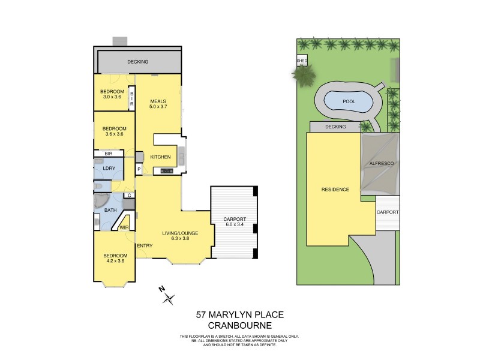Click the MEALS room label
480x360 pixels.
click(x=158, y=101)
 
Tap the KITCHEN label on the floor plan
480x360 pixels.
click(x=160, y=157)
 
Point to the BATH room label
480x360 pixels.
click(x=110, y=210)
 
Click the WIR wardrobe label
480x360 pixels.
click(x=124, y=227)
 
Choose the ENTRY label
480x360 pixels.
click(x=144, y=246)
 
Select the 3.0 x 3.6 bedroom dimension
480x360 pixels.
click(x=112, y=97)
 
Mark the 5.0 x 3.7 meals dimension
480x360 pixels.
click(x=158, y=107)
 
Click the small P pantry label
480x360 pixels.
click(x=139, y=170)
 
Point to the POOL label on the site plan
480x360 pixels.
click(x=349, y=101)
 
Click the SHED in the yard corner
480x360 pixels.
click(x=301, y=61)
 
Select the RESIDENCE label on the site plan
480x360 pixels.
click(x=335, y=189)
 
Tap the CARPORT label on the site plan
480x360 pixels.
click(x=388, y=212)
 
